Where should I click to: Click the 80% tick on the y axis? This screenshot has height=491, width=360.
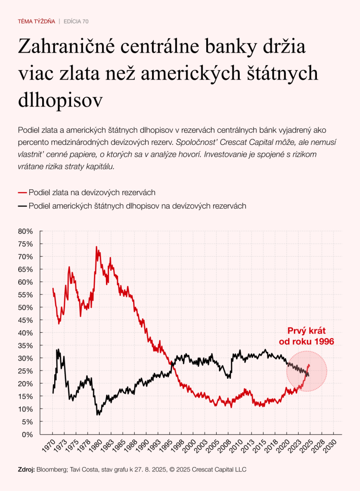25,231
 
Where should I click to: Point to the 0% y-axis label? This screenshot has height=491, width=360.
27,434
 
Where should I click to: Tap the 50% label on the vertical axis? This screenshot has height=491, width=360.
25,307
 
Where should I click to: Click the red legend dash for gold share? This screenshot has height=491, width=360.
22,193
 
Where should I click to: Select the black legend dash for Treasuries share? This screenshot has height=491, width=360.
22,206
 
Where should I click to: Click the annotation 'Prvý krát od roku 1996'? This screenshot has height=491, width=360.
307,336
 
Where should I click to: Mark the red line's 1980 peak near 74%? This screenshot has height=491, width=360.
96,247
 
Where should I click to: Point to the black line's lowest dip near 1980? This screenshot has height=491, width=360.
98,414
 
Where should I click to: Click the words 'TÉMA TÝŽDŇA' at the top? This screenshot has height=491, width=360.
36,22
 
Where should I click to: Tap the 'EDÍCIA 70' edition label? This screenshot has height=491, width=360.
76,22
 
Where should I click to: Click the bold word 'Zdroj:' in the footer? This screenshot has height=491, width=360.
26,469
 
